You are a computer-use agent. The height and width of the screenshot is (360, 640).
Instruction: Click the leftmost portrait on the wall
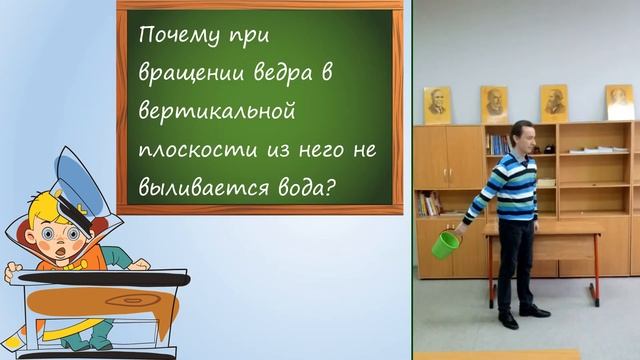coord(437,105)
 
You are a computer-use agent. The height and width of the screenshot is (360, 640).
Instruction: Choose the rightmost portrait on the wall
coord(620,103)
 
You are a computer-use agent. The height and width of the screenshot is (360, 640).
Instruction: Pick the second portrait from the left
coord(494,104)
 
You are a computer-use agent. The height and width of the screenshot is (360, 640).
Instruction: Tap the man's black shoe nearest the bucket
coord(508,319)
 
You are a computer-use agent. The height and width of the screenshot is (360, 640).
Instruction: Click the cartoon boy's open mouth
coord(66,244)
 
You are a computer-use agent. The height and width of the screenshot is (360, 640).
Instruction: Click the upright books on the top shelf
coord(497,144)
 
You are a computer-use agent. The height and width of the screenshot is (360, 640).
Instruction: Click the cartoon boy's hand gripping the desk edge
coord(13,271)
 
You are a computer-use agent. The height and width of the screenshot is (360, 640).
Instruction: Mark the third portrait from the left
coord(554,103)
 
